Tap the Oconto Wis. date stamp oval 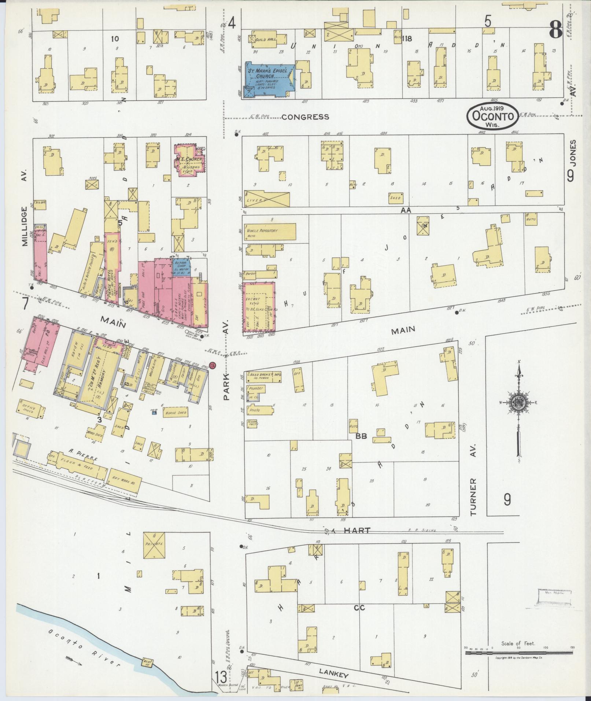492,115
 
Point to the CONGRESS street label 305,117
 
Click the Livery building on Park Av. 267,199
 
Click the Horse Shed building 177,413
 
